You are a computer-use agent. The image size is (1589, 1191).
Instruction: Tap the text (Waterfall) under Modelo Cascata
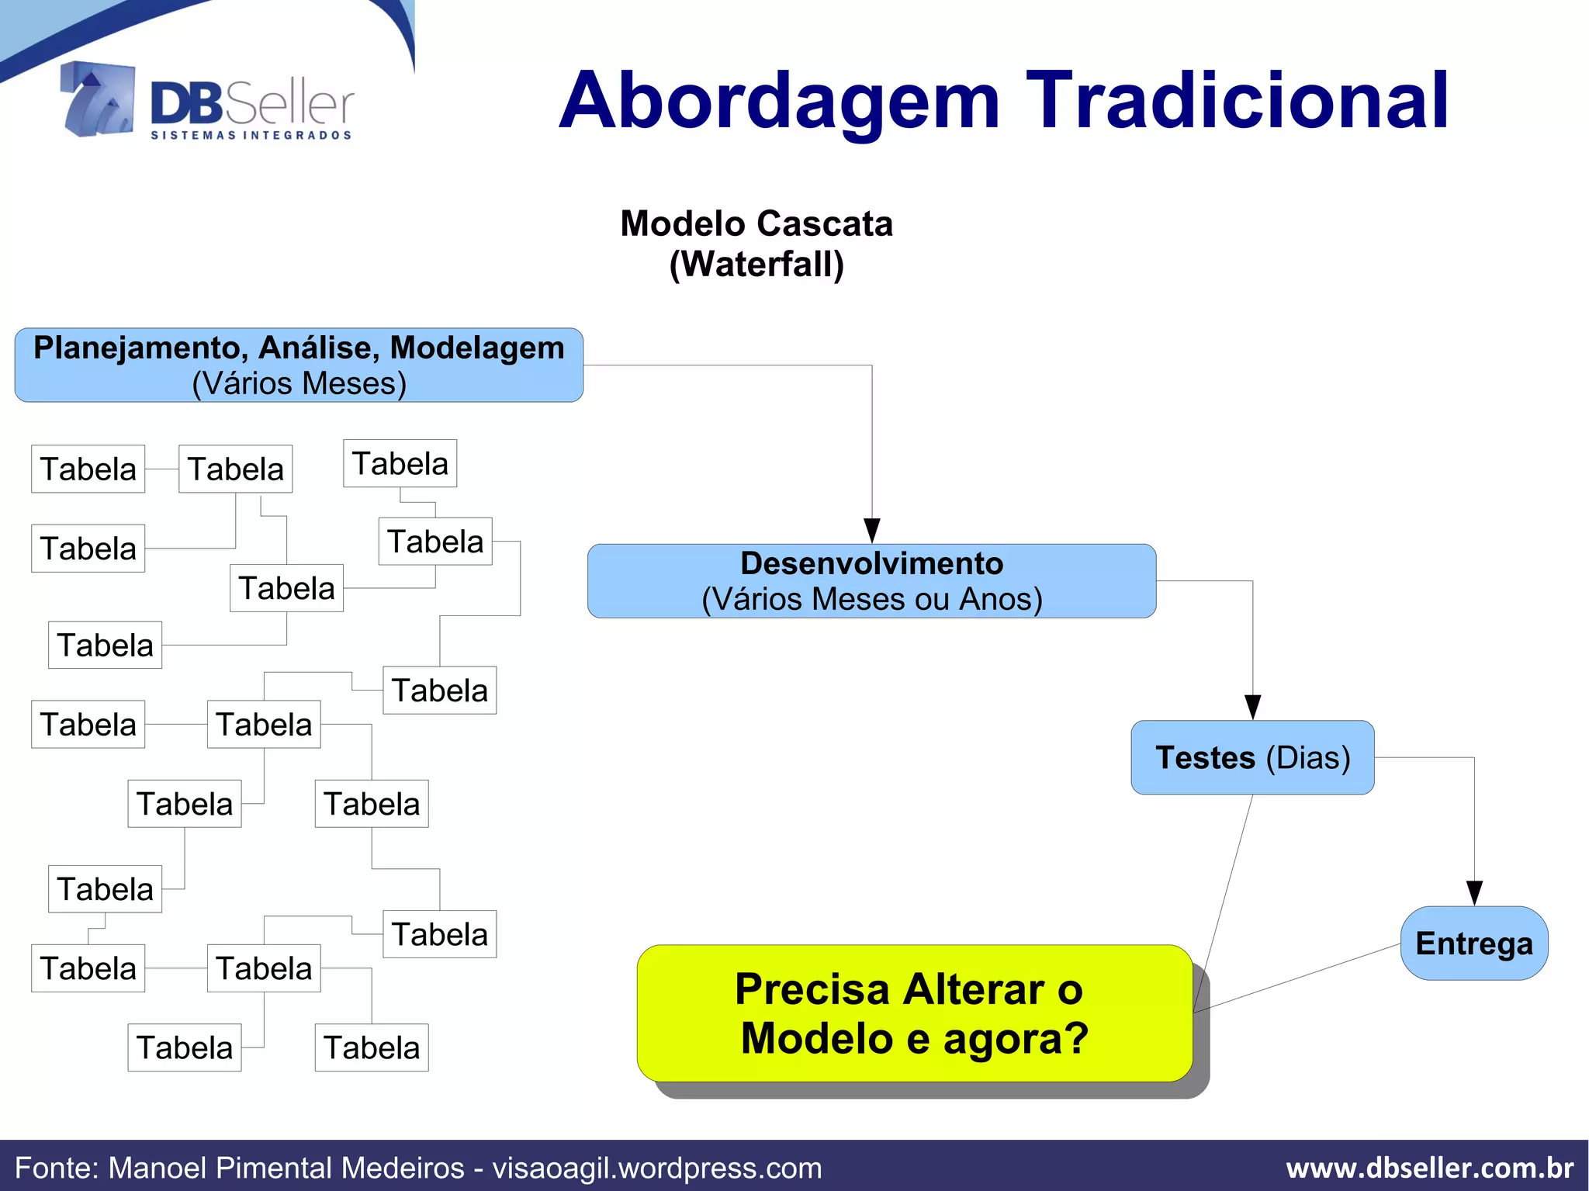756,265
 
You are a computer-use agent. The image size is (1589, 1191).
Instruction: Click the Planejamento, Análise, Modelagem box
299,365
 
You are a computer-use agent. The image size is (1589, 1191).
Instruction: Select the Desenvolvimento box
871,580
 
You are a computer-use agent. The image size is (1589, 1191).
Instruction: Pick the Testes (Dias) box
1252,757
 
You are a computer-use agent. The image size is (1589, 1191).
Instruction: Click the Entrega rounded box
1473,943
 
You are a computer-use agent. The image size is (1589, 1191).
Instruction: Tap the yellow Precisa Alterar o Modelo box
914,1013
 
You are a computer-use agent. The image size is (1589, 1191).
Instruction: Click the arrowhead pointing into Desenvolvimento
872,531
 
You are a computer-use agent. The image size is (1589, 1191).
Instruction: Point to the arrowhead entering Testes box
1252,707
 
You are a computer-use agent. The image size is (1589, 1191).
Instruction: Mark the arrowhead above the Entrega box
1474,893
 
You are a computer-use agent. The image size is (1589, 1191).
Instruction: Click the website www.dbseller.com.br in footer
1429,1168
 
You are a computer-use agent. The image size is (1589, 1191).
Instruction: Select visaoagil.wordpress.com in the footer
657,1168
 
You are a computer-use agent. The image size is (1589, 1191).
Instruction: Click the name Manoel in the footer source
158,1168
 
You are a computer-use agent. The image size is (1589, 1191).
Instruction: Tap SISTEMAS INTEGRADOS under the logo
251,136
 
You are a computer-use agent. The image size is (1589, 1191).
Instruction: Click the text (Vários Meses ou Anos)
871,599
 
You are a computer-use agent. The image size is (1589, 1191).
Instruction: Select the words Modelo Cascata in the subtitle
756,224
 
